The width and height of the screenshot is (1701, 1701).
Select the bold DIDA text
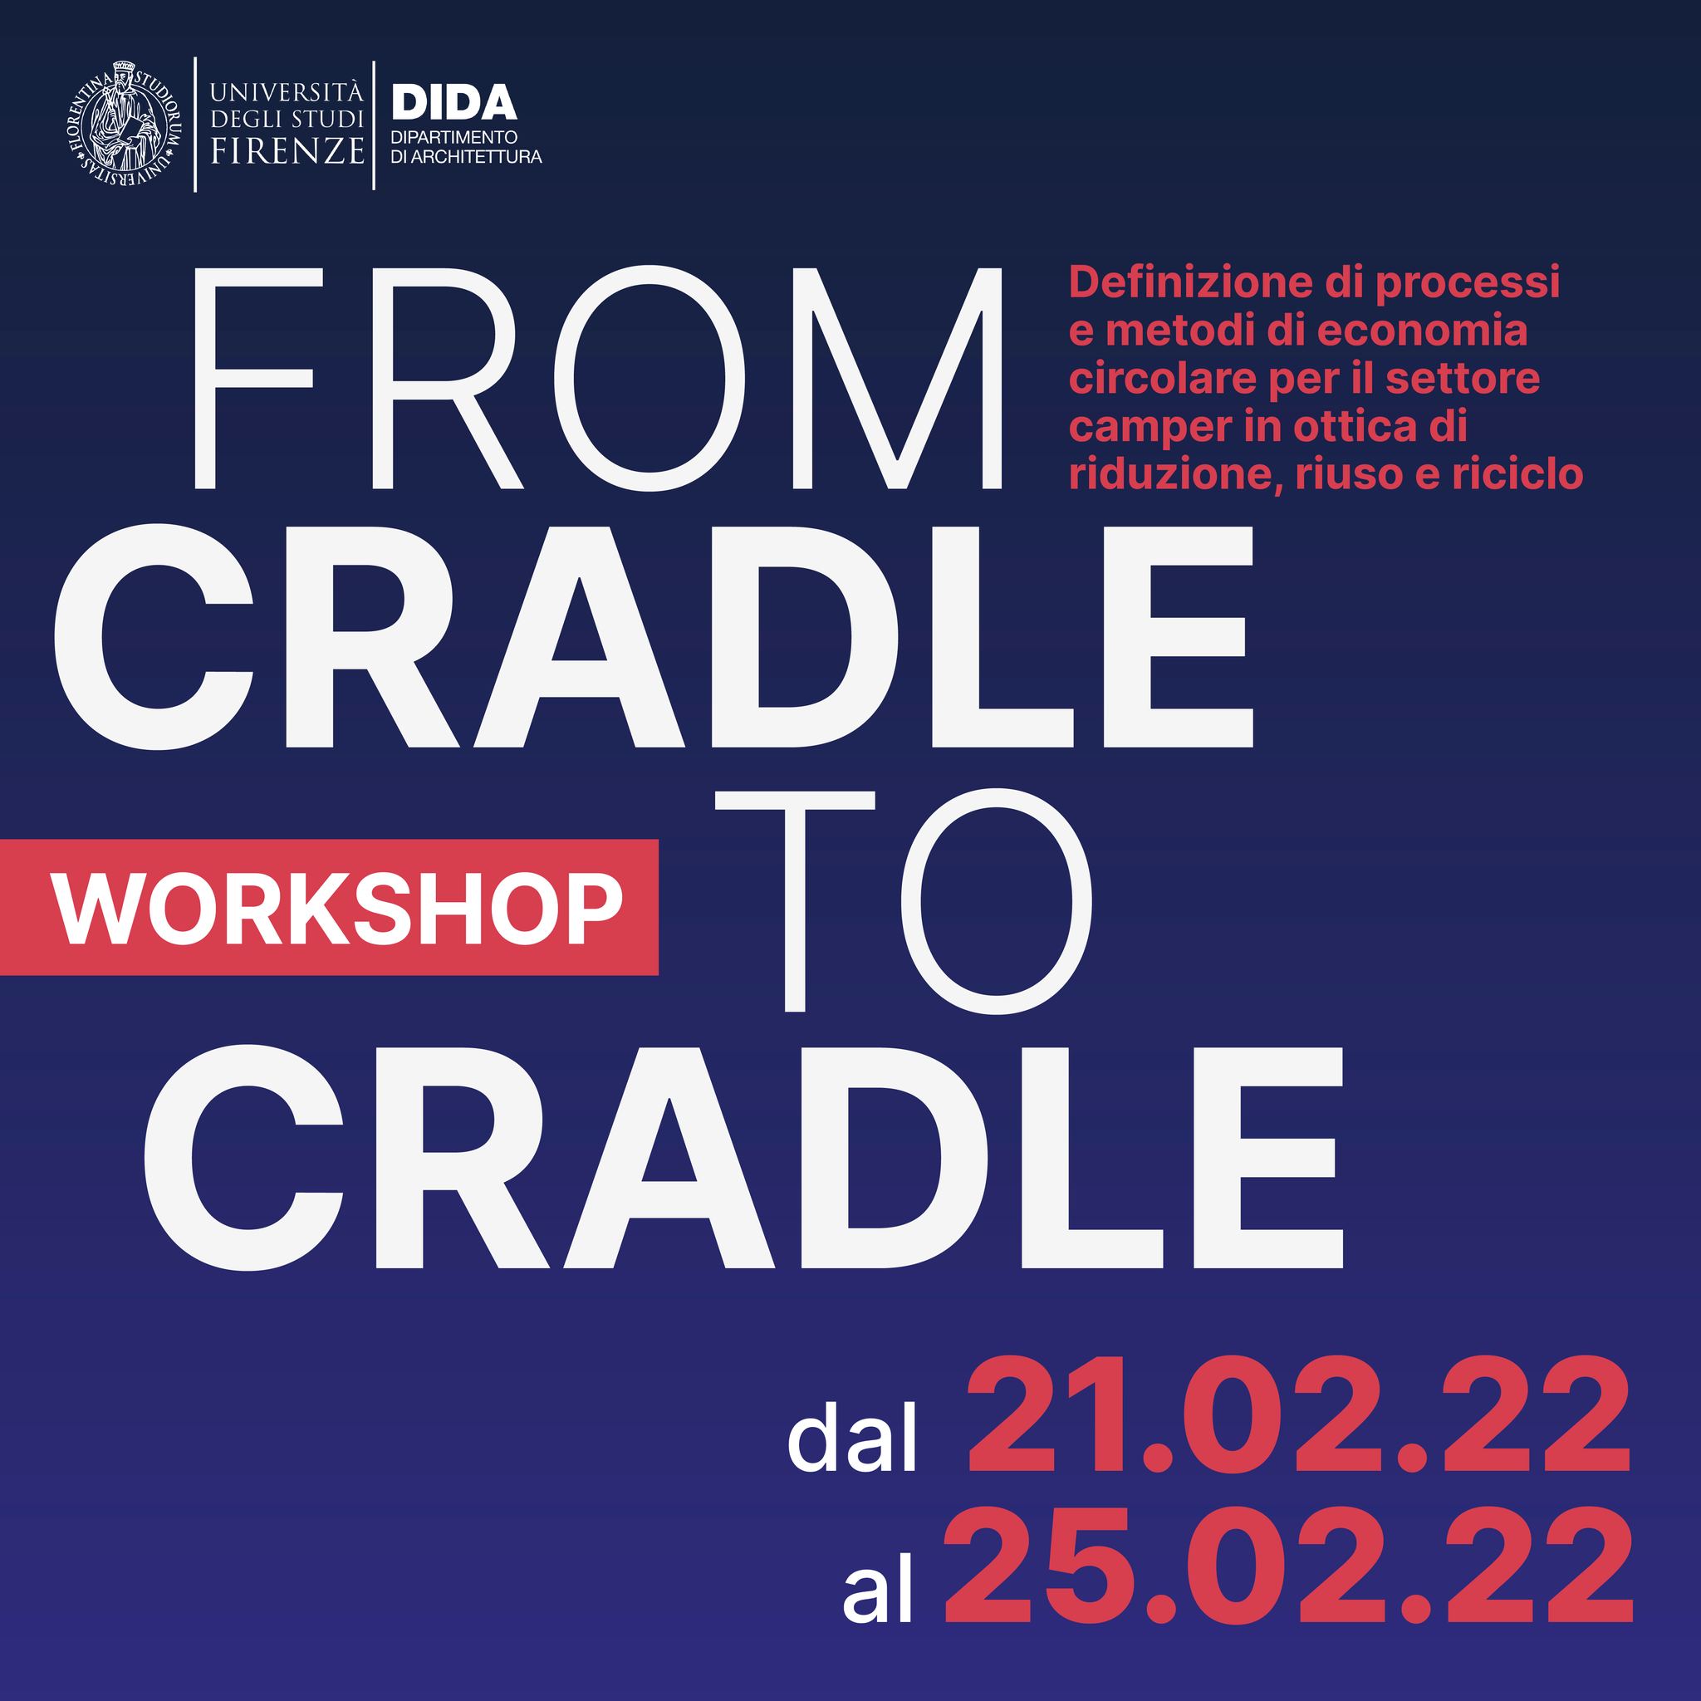453,103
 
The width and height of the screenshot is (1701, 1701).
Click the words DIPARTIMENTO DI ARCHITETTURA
466,148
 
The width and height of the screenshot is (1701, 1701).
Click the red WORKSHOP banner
329,907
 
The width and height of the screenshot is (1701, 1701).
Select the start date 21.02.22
1300,1425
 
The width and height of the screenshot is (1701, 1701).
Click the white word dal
850,1439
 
